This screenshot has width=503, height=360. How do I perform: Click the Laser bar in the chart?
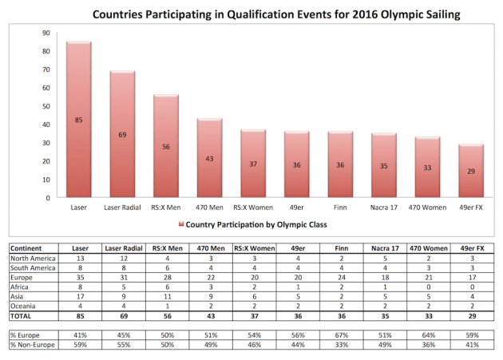(x=78, y=120)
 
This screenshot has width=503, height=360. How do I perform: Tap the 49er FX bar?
(x=470, y=171)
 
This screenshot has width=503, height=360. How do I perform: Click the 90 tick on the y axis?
(x=46, y=33)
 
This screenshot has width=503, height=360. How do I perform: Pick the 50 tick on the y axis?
(x=46, y=106)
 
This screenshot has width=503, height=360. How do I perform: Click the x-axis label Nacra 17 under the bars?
(x=383, y=207)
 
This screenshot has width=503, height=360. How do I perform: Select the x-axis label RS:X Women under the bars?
(x=252, y=207)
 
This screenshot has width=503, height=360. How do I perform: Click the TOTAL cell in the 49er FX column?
(x=471, y=315)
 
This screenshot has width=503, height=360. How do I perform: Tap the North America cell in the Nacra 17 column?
(x=384, y=259)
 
